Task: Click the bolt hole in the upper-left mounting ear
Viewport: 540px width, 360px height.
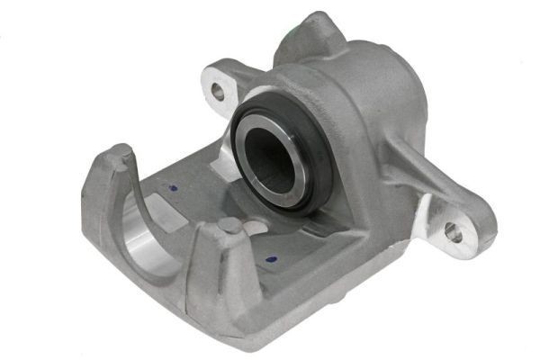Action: pos(218,90)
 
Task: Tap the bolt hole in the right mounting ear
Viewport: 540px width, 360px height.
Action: pos(453,233)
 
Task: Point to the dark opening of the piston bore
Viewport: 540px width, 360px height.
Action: pos(272,160)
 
